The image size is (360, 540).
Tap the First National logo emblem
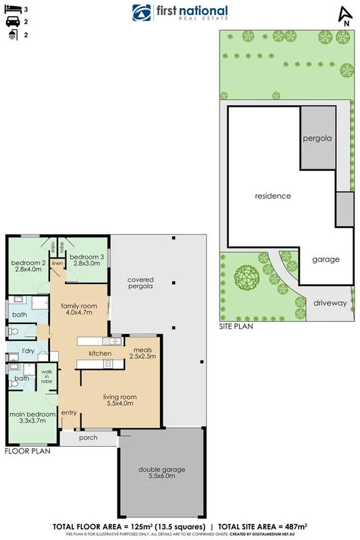pos(141,13)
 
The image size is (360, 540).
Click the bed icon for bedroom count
pos(11,10)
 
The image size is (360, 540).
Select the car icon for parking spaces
pos(11,22)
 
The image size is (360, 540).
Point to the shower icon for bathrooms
pos(11,34)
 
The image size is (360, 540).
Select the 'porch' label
pos(88,437)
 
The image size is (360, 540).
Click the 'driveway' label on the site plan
pos(329,303)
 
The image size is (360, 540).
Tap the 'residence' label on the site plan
pos(272,196)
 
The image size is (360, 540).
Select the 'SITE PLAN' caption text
pos(236,326)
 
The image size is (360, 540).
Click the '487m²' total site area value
pos(294,525)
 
